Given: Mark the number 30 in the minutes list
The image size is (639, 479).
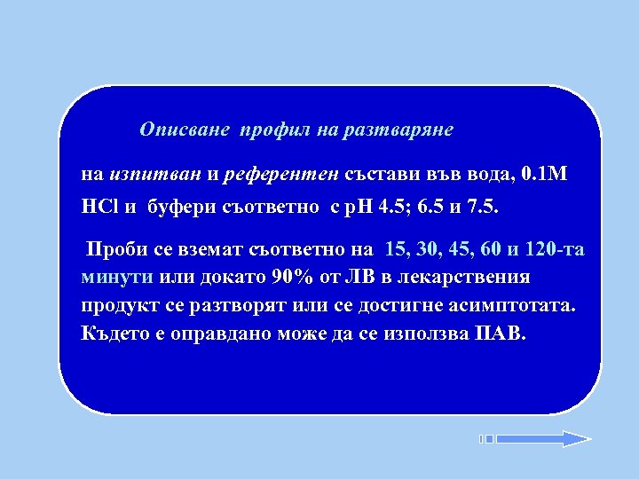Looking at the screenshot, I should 422,249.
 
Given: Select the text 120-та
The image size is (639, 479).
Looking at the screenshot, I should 556,249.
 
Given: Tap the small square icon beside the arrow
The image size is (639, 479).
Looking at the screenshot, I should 487,438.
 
